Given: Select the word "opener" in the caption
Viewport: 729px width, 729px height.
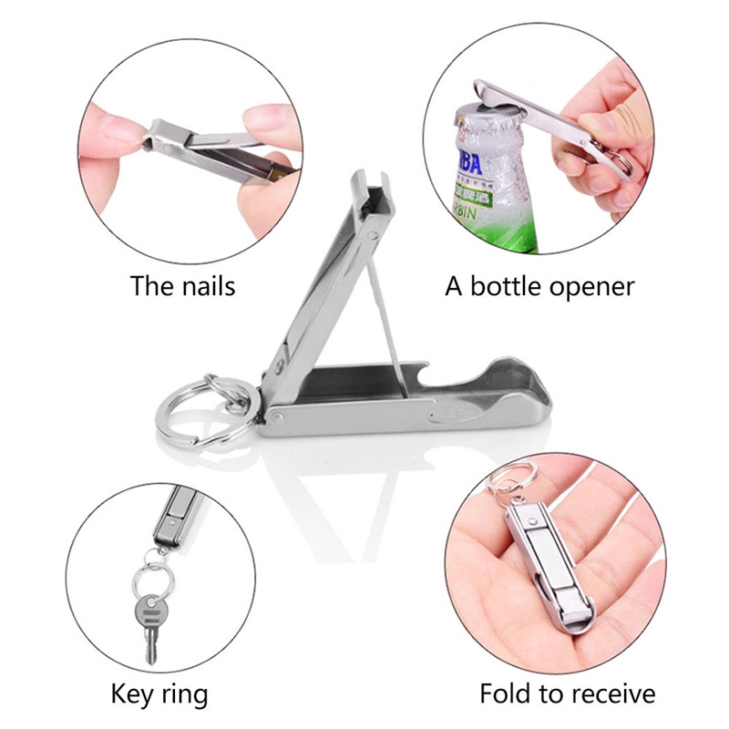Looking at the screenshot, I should [592, 286].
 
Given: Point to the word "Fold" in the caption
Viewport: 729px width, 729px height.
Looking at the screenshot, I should [509, 693].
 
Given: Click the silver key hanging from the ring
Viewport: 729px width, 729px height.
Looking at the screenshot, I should [147, 620].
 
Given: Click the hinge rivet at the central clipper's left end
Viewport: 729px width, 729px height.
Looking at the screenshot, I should [276, 417].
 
